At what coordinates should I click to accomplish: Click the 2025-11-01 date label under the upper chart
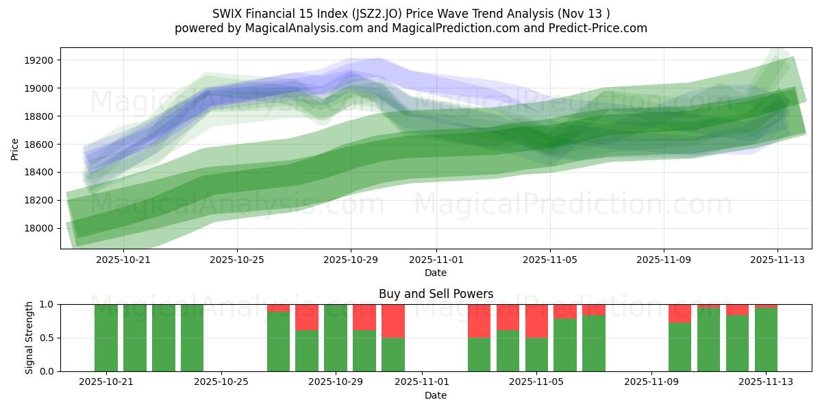pos(436,260)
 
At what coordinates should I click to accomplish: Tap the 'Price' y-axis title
pos(15,148)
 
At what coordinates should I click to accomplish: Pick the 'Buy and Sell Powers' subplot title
pos(436,294)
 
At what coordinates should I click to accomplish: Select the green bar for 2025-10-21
pos(106,338)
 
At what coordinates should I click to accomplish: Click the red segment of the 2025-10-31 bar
pos(393,321)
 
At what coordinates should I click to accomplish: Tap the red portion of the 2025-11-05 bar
pos(536,321)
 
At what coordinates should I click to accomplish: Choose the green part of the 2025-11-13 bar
pos(766,340)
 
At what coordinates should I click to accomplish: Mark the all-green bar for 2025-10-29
pos(336,338)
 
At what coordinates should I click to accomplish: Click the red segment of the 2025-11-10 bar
pos(680,313)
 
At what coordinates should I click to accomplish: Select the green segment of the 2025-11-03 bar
pos(480,355)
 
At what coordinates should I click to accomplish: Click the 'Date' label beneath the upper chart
pos(436,273)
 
